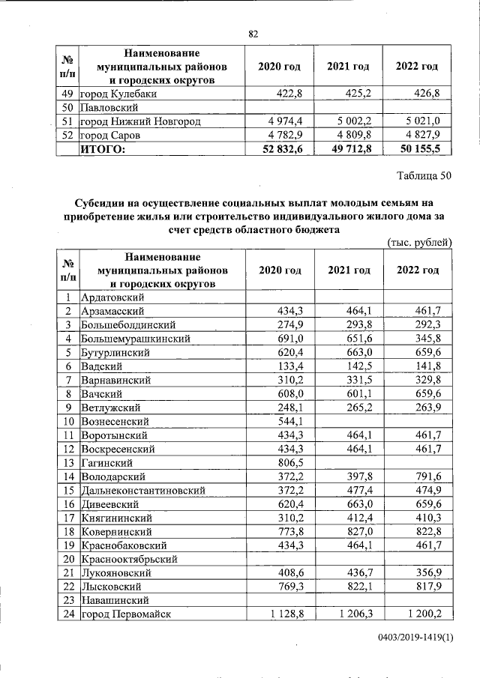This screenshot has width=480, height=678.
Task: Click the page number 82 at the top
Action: pyautogui.click(x=253, y=34)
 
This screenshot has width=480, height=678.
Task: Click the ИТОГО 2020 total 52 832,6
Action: pyautogui.click(x=277, y=150)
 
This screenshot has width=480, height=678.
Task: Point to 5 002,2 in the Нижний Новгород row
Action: pyautogui.click(x=345, y=121)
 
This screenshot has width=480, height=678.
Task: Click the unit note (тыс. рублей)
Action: pyautogui.click(x=419, y=241)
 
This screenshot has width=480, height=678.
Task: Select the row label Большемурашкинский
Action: pyautogui.click(x=134, y=339)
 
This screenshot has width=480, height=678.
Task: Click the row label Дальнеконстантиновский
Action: pyautogui.click(x=142, y=490)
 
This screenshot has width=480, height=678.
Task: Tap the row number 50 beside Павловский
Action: pyautogui.click(x=67, y=108)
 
